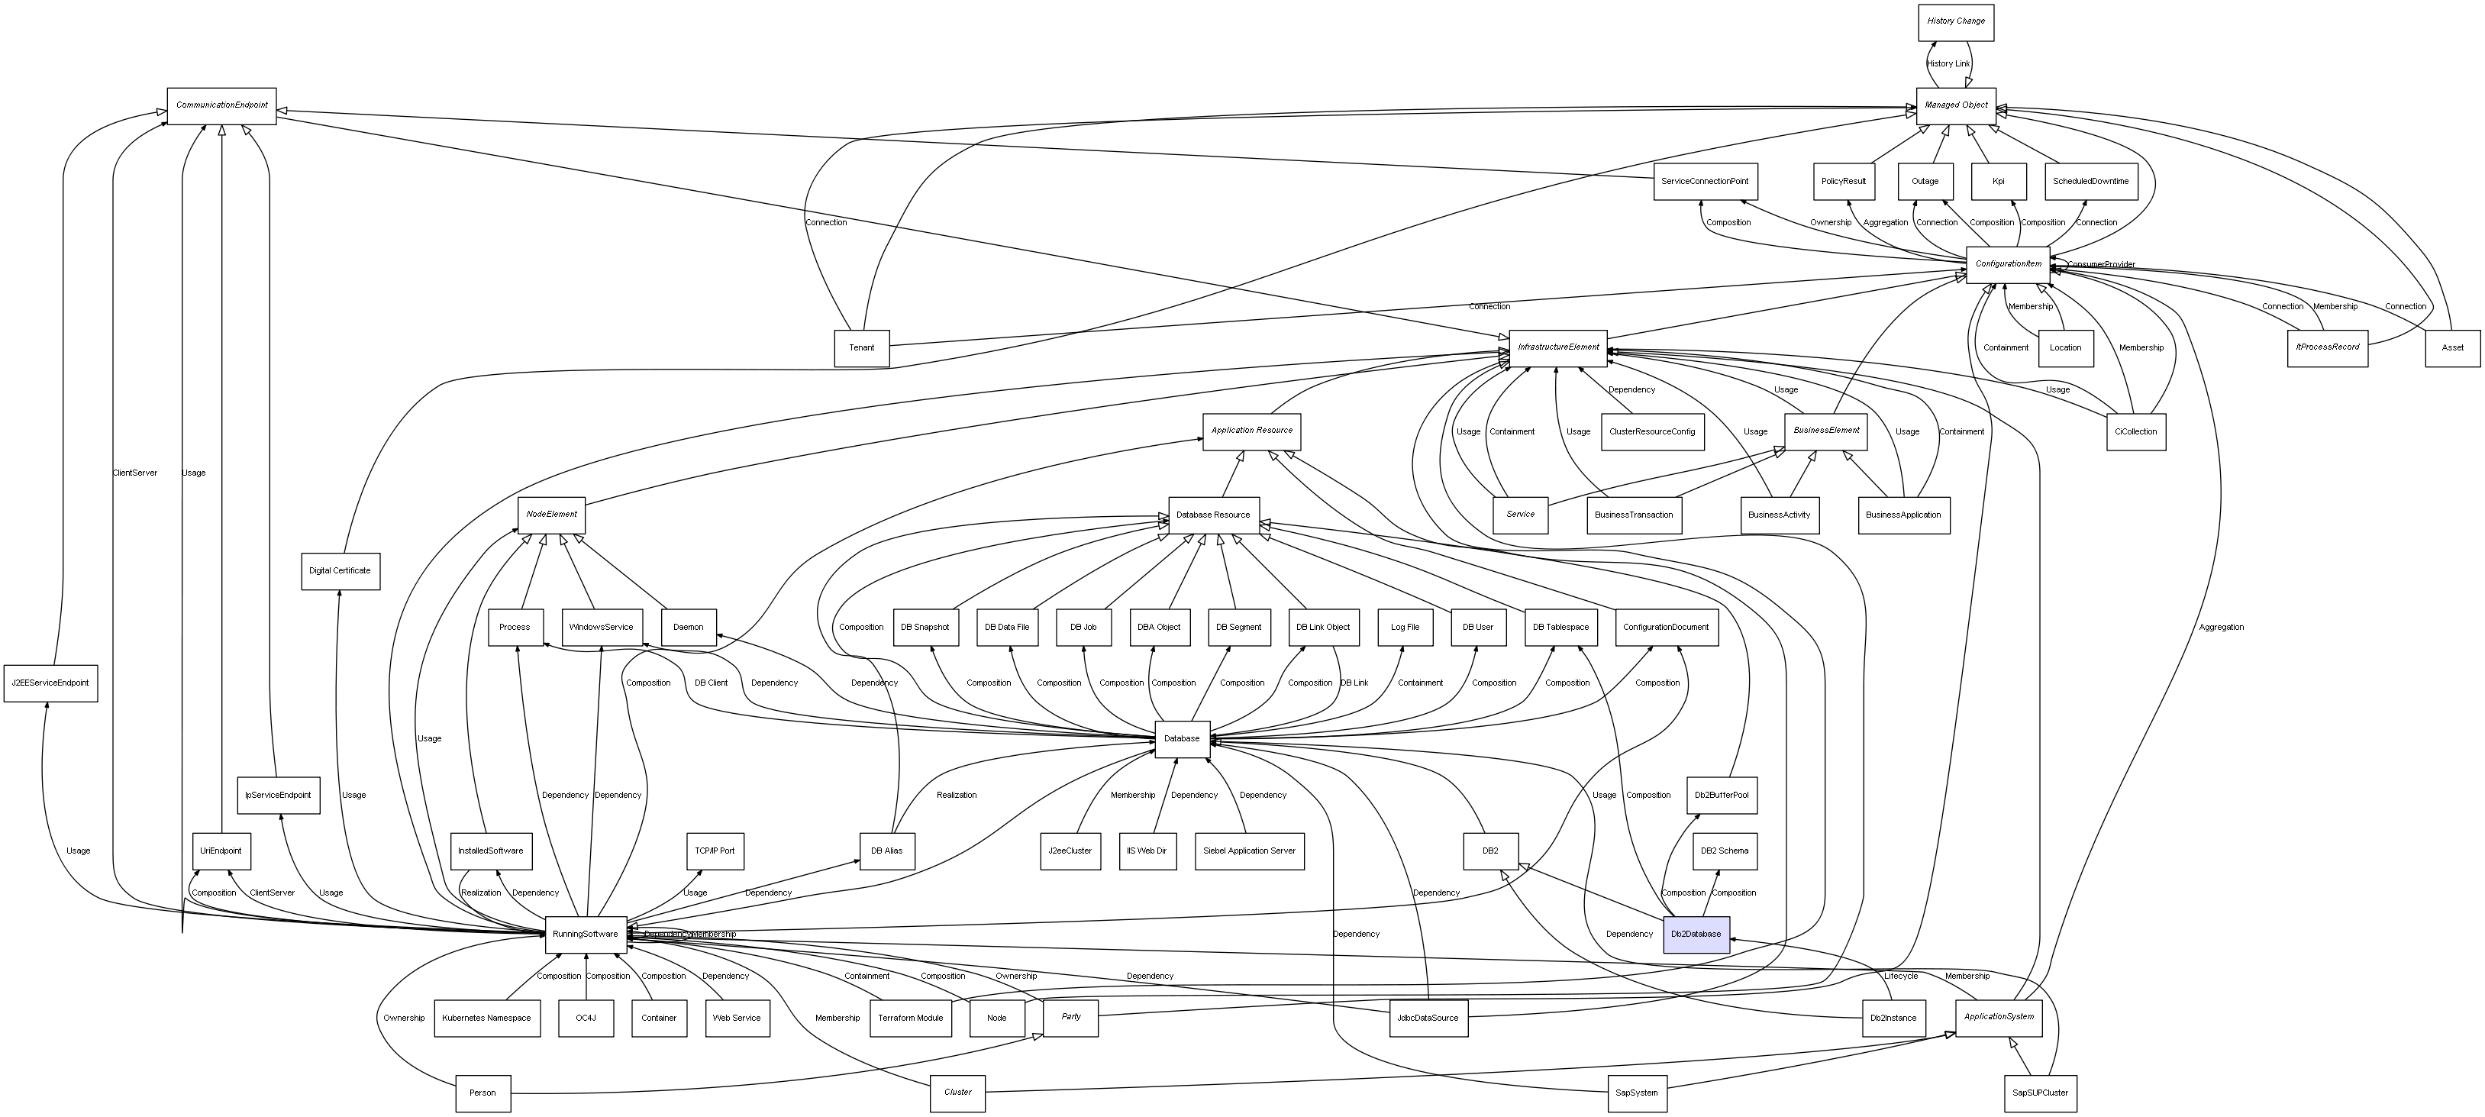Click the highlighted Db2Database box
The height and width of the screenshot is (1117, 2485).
pyautogui.click(x=1696, y=934)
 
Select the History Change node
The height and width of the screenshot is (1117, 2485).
pyautogui.click(x=1955, y=21)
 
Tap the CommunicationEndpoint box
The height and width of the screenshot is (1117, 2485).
pyautogui.click(x=222, y=105)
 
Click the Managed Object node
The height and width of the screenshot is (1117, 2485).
pyautogui.click(x=1955, y=105)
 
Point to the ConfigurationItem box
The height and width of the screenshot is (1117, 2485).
pyautogui.click(x=2008, y=264)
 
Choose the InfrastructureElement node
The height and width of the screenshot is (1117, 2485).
pyautogui.click(x=1558, y=347)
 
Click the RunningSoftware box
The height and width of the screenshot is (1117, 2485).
pyautogui.click(x=586, y=934)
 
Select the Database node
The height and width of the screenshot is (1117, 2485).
pyautogui.click(x=1182, y=739)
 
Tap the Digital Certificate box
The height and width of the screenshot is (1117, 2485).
pyautogui.click(x=340, y=571)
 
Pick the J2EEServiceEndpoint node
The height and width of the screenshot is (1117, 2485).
pyautogui.click(x=50, y=683)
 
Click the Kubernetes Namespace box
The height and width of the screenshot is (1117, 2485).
pyautogui.click(x=486, y=1018)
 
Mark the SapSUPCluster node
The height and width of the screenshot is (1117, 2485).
pyautogui.click(x=2040, y=1093)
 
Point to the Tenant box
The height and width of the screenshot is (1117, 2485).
pyautogui.click(x=861, y=347)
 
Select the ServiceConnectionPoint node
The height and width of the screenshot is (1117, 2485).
pyautogui.click(x=1705, y=182)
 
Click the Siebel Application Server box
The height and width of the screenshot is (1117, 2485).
pyautogui.click(x=1249, y=851)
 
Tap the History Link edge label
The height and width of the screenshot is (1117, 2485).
pyautogui.click(x=1948, y=63)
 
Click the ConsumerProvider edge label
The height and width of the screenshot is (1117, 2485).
pyautogui.click(x=2100, y=264)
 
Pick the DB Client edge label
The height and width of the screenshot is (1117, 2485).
pyautogui.click(x=711, y=683)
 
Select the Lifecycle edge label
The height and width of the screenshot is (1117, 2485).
pyautogui.click(x=1900, y=977)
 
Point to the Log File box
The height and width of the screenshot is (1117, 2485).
pyautogui.click(x=1405, y=627)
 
